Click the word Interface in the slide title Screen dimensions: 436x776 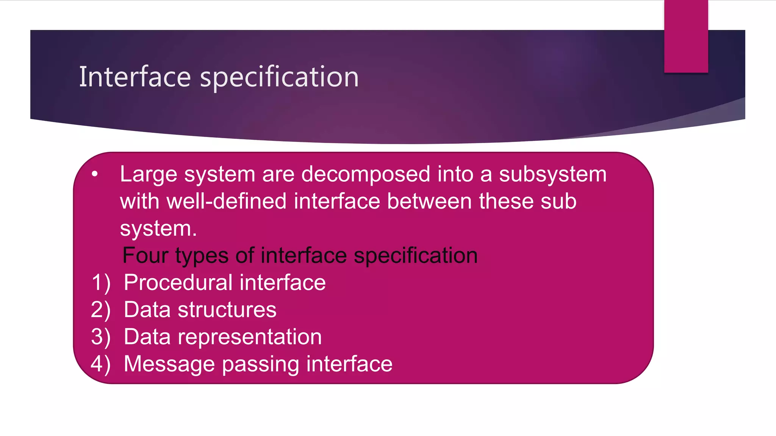click(x=135, y=77)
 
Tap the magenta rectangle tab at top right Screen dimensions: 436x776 click(x=686, y=36)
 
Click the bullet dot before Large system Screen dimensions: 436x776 click(x=95, y=174)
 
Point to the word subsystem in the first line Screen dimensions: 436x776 click(x=552, y=174)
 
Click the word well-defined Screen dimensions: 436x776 click(x=226, y=201)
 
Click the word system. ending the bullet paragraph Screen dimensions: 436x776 click(x=158, y=229)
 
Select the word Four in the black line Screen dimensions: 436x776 click(x=145, y=255)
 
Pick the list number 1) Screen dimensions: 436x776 click(x=101, y=283)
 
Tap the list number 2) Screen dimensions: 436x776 click(x=101, y=310)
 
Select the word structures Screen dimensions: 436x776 click(x=227, y=310)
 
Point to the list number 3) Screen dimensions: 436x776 click(x=101, y=337)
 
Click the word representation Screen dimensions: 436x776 click(x=250, y=337)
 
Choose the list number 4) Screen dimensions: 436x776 click(x=101, y=364)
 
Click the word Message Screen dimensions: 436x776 click(x=169, y=364)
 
